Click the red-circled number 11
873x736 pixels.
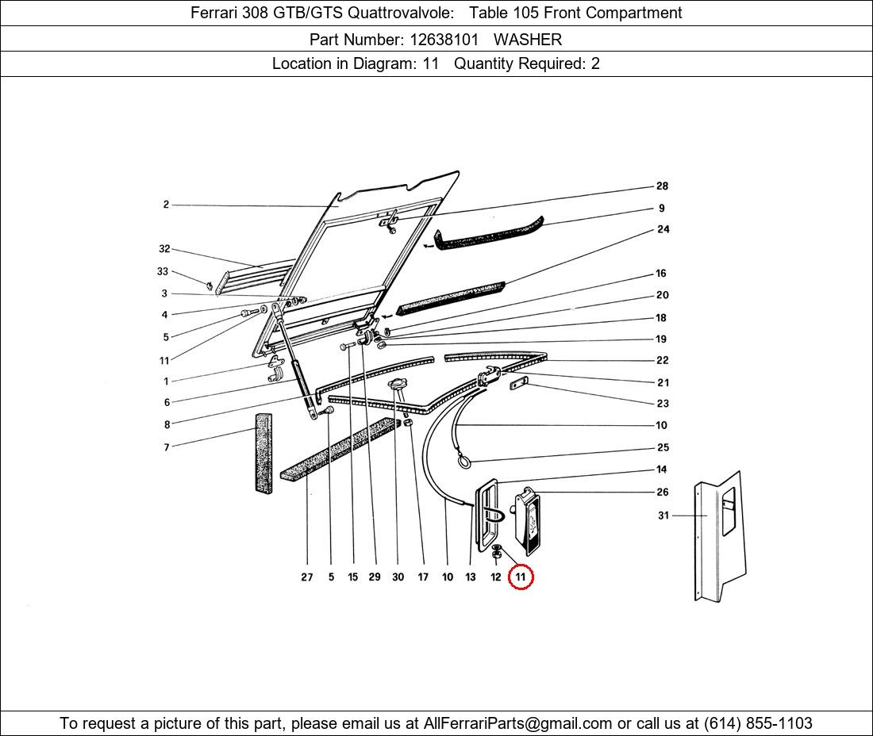(520, 577)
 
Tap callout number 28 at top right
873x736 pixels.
(662, 186)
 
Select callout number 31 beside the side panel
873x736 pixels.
(663, 516)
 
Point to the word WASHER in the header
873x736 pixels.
(528, 39)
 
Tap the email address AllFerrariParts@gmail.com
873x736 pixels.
(518, 723)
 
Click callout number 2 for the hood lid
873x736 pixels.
(166, 205)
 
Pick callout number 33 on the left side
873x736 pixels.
(163, 271)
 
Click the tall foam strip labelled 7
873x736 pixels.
(263, 452)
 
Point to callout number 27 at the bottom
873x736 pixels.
(307, 577)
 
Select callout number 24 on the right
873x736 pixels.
(663, 229)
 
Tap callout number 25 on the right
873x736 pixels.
(663, 447)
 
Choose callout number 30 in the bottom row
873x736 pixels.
(398, 577)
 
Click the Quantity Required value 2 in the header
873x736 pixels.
(595, 64)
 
